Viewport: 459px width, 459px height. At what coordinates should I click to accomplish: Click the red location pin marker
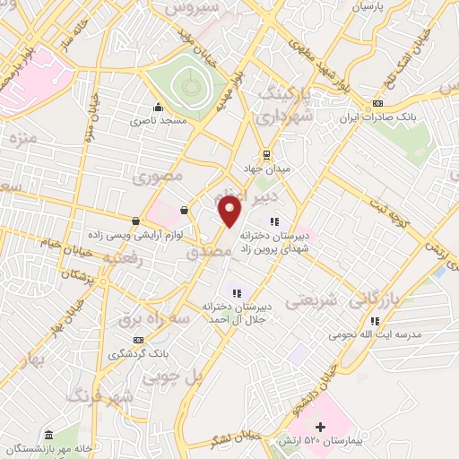(230, 212)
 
